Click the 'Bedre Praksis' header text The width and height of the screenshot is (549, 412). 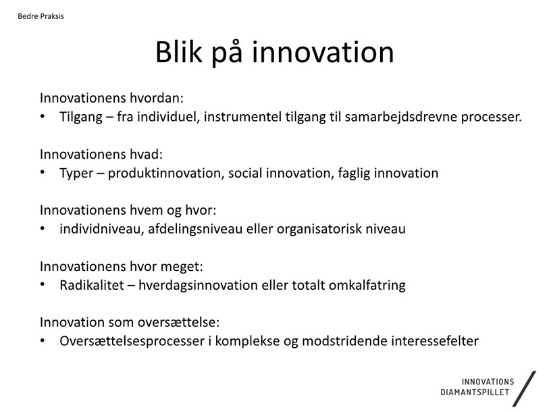[x=41, y=16]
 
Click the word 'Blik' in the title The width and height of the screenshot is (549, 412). [x=179, y=52]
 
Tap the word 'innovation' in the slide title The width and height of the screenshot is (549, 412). [x=323, y=52]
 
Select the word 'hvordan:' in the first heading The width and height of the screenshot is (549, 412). [x=157, y=98]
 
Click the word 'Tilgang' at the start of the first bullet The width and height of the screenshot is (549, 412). [x=81, y=118]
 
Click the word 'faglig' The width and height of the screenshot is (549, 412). [x=354, y=174]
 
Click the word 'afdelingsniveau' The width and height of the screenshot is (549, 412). [x=195, y=230]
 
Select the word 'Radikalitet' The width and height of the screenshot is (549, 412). [x=92, y=285]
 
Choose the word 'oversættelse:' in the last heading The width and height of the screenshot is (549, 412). [x=178, y=322]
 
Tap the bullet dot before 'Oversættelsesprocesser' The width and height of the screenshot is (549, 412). [x=43, y=340]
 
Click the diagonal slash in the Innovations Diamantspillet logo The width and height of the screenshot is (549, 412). [x=525, y=389]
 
